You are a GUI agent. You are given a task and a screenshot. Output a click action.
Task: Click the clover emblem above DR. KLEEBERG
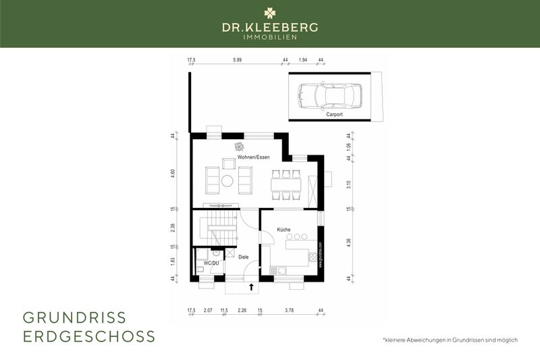click(270, 11)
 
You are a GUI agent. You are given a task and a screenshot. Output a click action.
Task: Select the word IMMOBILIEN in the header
click(270, 36)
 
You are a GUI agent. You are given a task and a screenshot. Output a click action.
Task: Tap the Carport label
click(334, 115)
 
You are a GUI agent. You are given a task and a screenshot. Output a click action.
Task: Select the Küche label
click(283, 230)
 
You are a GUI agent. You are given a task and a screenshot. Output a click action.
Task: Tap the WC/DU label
click(211, 262)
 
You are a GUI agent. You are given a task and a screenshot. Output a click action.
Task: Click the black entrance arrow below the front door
click(251, 287)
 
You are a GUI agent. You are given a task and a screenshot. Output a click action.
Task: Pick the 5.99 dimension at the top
click(237, 60)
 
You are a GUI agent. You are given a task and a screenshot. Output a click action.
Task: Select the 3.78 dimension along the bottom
click(289, 311)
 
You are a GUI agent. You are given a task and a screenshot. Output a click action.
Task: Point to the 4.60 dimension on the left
click(173, 172)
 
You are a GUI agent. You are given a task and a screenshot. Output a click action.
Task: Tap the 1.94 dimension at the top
click(303, 60)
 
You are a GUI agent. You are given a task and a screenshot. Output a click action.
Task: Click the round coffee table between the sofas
click(227, 181)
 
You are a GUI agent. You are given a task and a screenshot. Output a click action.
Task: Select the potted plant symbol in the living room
click(238, 147)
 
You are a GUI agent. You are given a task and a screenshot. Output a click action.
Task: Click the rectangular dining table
click(286, 184)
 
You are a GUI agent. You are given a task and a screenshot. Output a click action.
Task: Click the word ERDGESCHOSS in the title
click(89, 336)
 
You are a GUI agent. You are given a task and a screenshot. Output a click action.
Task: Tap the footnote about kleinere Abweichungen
click(450, 340)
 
